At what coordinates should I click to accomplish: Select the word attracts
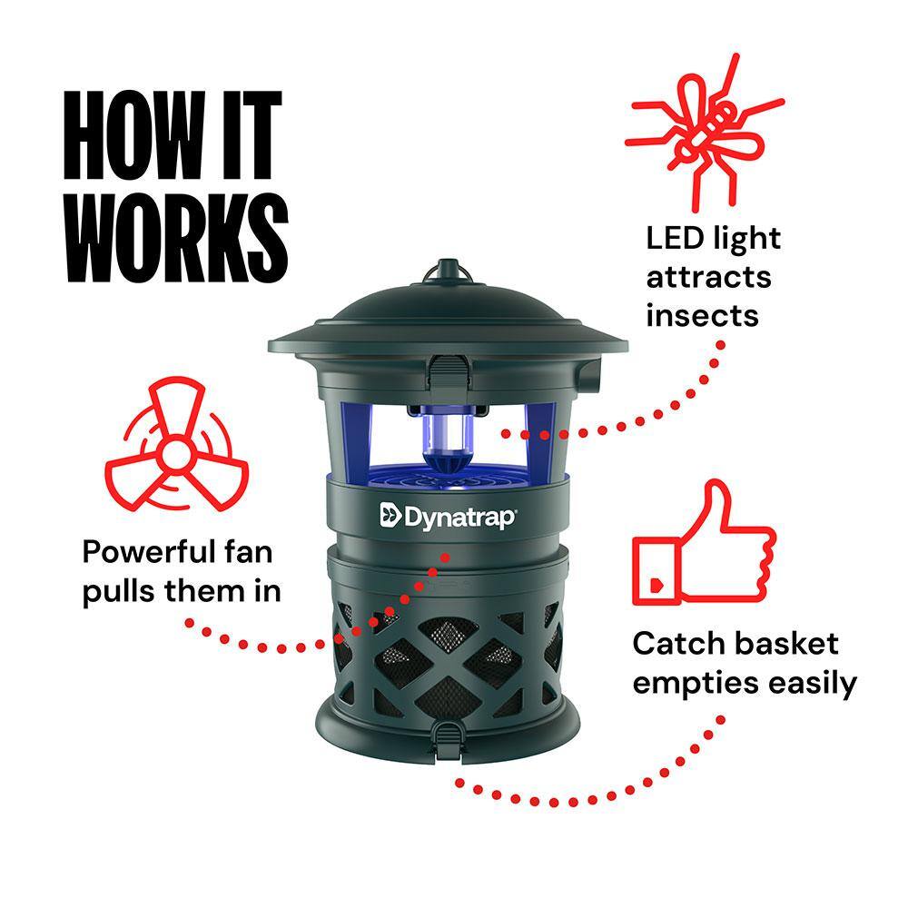(x=708, y=278)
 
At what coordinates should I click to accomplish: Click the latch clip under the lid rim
(x=448, y=370)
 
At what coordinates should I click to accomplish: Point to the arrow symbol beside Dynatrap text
(x=390, y=516)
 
